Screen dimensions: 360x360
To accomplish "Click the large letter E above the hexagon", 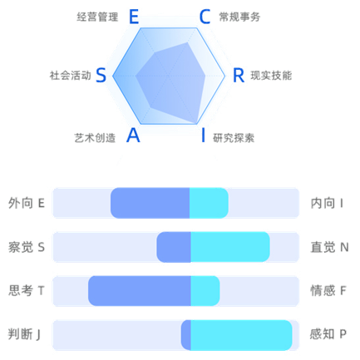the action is pyautogui.click(x=134, y=17).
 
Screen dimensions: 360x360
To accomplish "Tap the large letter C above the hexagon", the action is pyautogui.click(x=205, y=17).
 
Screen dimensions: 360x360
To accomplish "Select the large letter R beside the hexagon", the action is pyautogui.click(x=239, y=76).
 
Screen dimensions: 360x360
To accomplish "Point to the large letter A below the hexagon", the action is pyautogui.click(x=133, y=136).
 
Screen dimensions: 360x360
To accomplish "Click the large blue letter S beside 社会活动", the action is pyautogui.click(x=101, y=76).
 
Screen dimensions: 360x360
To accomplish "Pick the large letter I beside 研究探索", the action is pyautogui.click(x=204, y=136).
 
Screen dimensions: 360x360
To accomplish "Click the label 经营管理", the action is pyautogui.click(x=97, y=17).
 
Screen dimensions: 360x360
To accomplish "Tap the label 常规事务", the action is pyautogui.click(x=239, y=17).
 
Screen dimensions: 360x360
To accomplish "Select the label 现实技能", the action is pyautogui.click(x=271, y=76).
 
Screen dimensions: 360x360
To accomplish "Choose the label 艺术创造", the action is pyautogui.click(x=95, y=138).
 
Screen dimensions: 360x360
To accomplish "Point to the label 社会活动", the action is pyautogui.click(x=71, y=76).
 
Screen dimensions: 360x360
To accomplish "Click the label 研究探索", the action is pyautogui.click(x=234, y=138).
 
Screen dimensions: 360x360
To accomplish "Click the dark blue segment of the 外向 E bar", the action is pyautogui.click(x=150, y=203).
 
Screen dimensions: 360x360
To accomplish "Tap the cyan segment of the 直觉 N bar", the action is pyautogui.click(x=230, y=247).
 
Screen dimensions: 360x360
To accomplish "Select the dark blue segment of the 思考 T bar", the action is pyautogui.click(x=140, y=291).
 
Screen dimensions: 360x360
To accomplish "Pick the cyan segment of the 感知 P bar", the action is pyautogui.click(x=241, y=335).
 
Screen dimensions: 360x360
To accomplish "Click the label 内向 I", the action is pyautogui.click(x=327, y=203).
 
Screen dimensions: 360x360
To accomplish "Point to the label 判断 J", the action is pyautogui.click(x=24, y=334).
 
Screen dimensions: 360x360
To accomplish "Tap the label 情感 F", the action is pyautogui.click(x=328, y=291).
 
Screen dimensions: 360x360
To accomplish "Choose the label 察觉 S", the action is pyautogui.click(x=27, y=247).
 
